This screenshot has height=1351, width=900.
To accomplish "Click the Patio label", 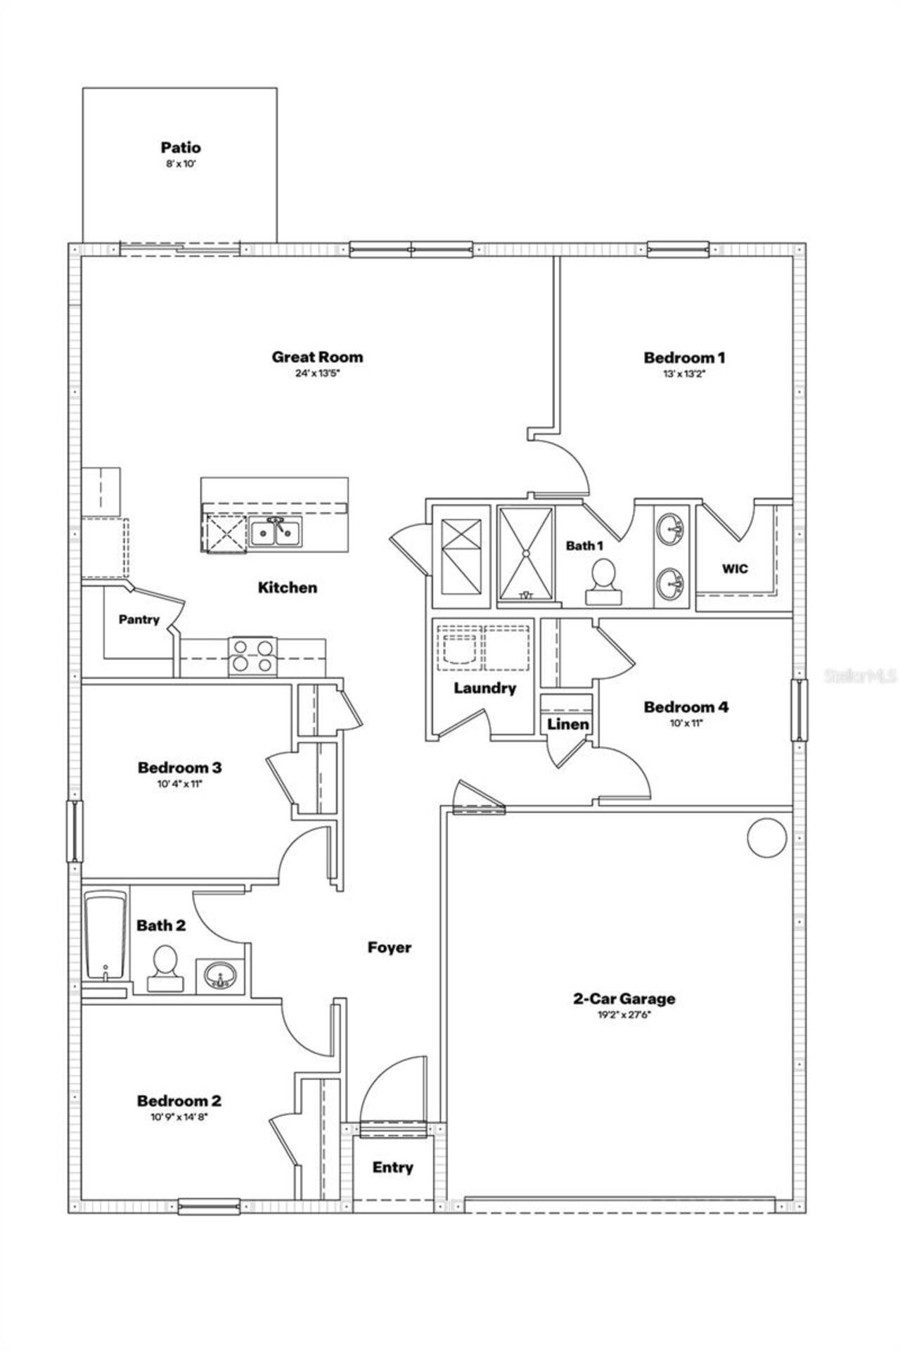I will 181,148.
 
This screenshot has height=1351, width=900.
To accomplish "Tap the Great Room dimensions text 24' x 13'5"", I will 317,374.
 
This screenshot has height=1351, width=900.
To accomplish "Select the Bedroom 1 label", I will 684,357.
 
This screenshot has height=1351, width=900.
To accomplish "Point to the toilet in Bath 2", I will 165,969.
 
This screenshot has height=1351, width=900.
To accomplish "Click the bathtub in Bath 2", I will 105,936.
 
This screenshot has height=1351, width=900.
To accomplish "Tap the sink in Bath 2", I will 220,977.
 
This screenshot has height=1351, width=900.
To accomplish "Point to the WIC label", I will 735,569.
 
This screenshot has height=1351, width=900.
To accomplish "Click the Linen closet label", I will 567,724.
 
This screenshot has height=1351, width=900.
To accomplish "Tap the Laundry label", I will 484,688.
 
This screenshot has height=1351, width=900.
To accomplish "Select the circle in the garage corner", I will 766,837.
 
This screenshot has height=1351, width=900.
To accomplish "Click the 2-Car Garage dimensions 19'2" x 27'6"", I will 624,1015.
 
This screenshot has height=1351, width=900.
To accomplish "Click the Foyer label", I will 389,948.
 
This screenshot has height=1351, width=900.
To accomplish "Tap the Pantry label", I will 139,620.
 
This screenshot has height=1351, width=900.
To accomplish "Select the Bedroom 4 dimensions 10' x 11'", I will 686,723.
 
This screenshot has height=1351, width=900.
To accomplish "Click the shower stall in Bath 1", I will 525,555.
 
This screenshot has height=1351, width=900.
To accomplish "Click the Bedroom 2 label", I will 179,1101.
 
